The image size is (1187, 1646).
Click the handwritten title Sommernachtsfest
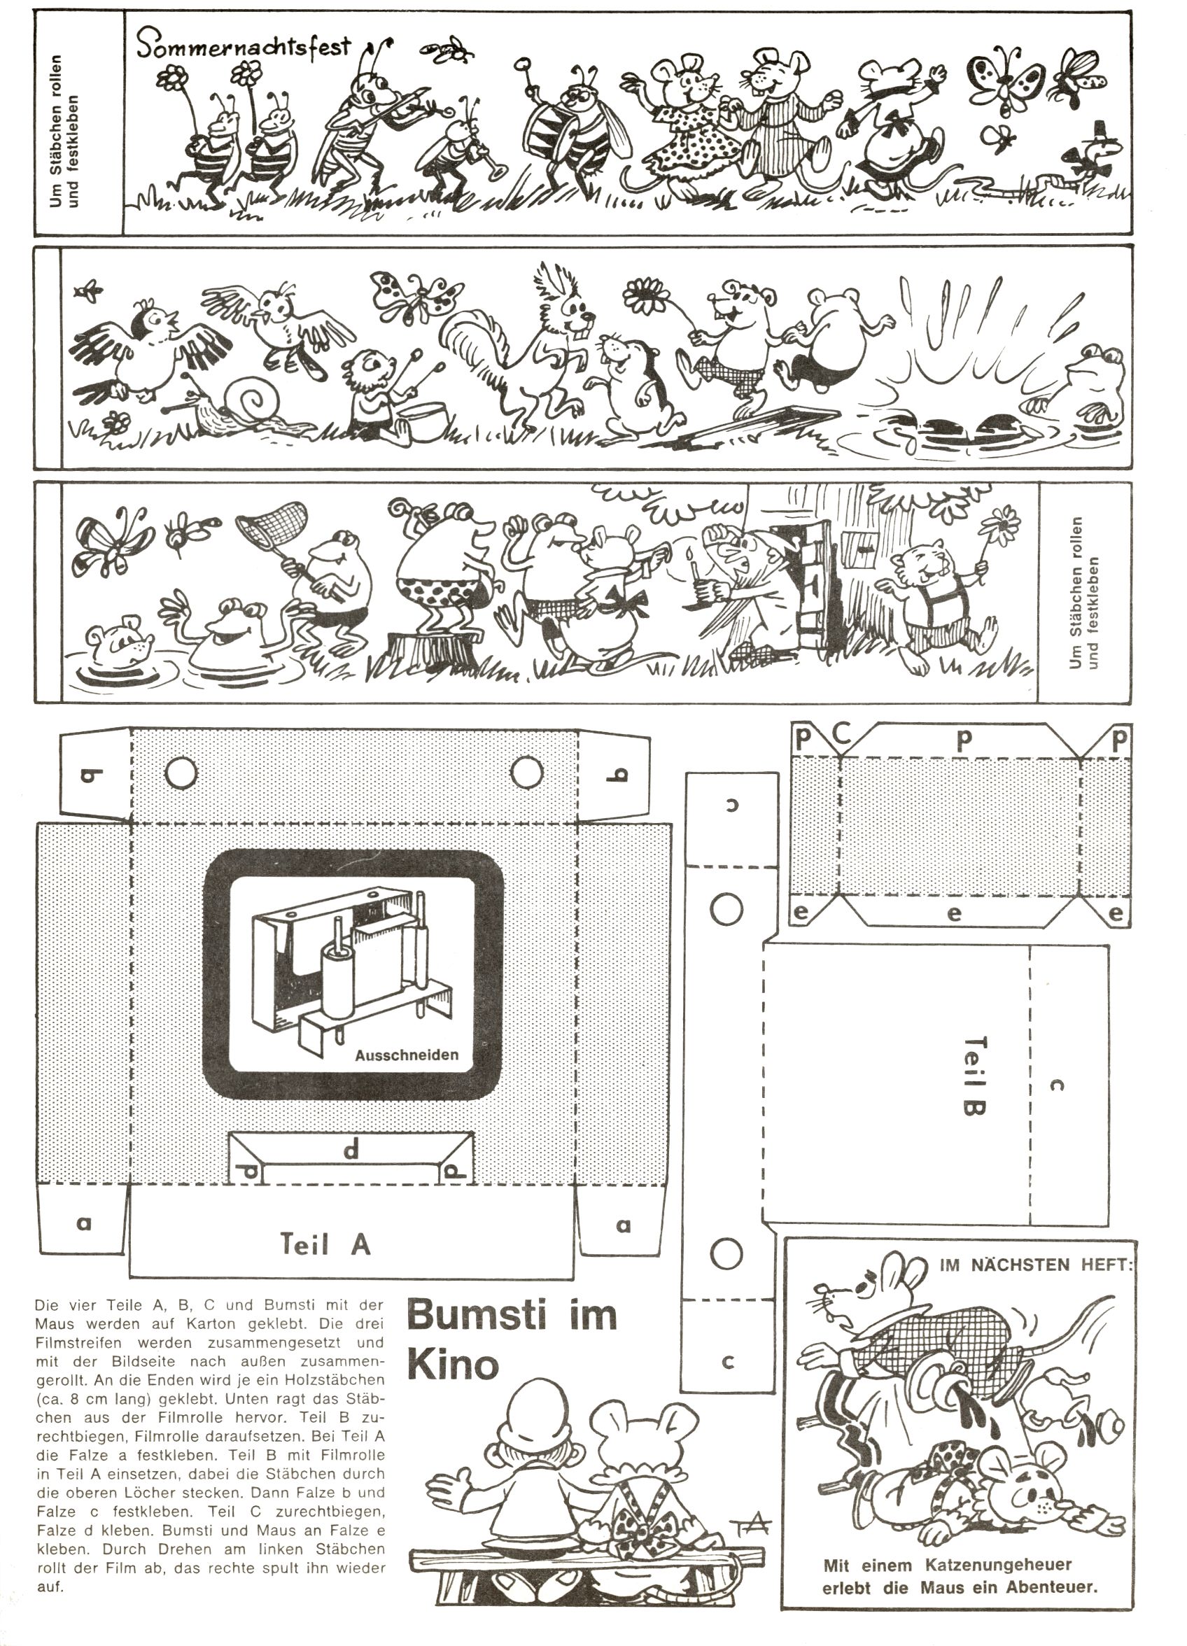click(243, 47)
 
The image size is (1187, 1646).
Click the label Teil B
click(974, 1076)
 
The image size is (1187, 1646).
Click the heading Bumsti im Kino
click(511, 1339)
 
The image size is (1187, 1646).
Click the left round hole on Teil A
click(181, 773)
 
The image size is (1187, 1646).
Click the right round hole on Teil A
click(527, 773)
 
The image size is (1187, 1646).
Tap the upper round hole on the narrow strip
click(726, 908)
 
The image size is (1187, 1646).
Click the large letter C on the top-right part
click(842, 733)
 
